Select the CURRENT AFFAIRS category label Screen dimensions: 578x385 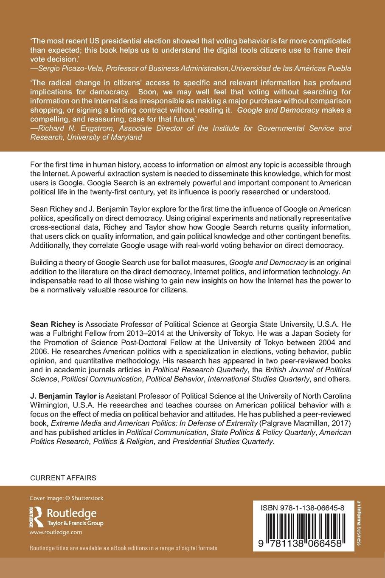coord(63,478)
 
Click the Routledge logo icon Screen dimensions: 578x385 coord(36,516)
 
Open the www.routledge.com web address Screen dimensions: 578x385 coord(56,532)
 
